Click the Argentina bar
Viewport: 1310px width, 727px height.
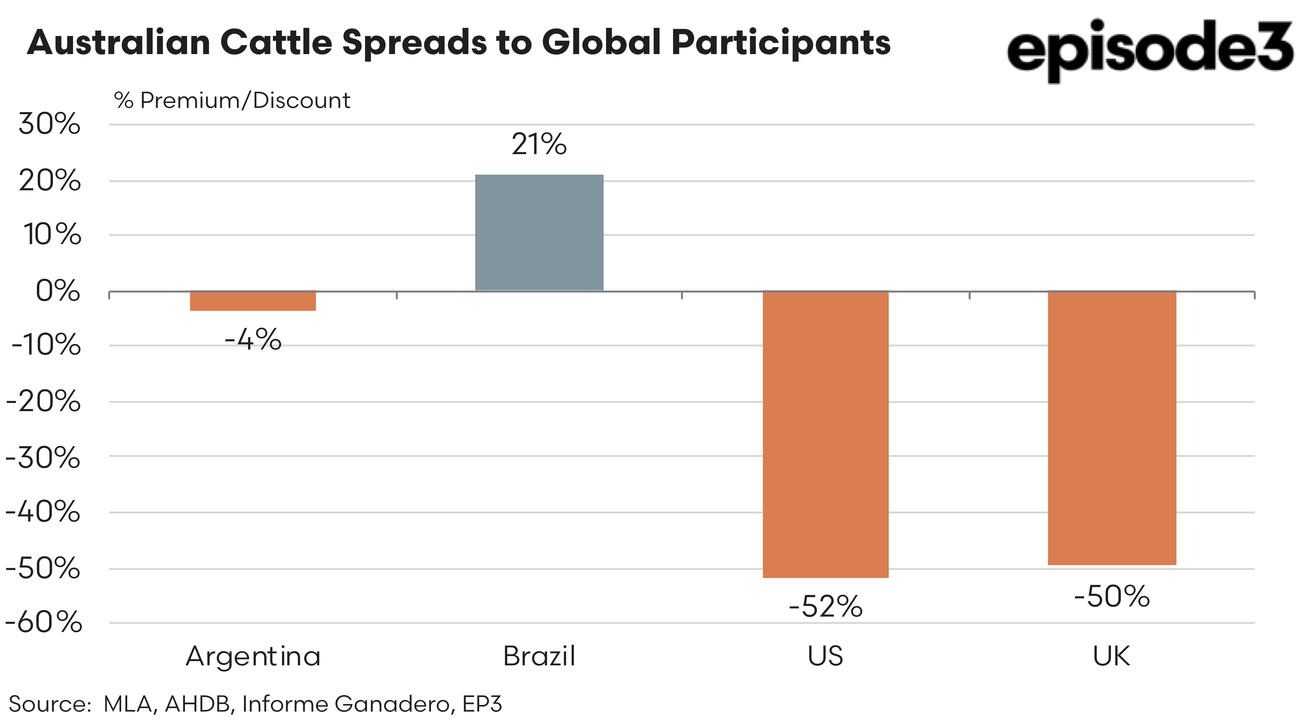253,301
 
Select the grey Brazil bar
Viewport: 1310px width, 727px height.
539,233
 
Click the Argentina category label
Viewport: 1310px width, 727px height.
253,656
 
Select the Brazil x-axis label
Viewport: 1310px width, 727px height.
539,656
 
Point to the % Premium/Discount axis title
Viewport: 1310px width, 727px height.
232,100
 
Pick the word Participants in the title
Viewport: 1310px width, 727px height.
781,42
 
